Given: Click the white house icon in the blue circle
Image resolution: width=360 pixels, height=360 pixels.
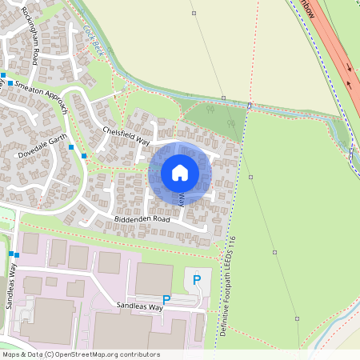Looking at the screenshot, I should tap(180, 172).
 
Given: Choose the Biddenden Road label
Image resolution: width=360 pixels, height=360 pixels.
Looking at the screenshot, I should tap(131, 218).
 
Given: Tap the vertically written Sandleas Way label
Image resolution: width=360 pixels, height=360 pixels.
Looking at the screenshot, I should tap(14, 283).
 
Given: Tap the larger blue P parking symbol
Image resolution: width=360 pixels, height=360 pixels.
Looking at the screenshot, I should tap(197, 280).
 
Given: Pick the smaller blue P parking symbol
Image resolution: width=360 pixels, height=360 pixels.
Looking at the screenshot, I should tap(166, 300).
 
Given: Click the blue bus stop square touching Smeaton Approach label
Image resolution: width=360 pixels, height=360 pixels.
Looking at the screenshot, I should tap(10, 82).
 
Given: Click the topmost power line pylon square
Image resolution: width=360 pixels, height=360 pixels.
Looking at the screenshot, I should tap(194, 13).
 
